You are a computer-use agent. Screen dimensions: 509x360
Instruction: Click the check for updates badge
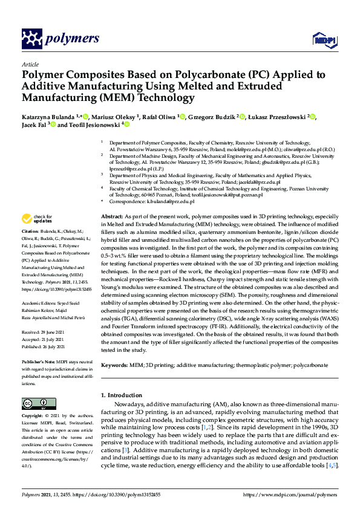(x=35, y=219)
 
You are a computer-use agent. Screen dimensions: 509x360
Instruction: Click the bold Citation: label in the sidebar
(x=30, y=232)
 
